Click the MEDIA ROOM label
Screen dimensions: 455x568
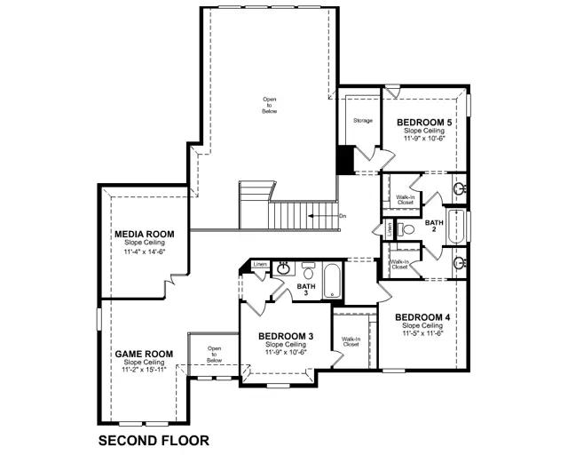pyautogui.click(x=144, y=234)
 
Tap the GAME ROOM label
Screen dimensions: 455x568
pyautogui.click(x=144, y=354)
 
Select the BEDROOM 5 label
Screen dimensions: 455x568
pyautogui.click(x=424, y=122)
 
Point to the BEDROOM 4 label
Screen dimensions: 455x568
pyautogui.click(x=422, y=317)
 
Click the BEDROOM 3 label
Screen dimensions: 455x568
pyautogui.click(x=285, y=336)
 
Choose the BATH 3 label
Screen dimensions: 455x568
pyautogui.click(x=307, y=288)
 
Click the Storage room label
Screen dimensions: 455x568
pyautogui.click(x=361, y=120)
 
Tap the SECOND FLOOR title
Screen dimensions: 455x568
pyautogui.click(x=154, y=440)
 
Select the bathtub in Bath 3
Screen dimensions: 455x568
pyautogui.click(x=332, y=281)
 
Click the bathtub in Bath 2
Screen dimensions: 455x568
pyautogui.click(x=455, y=227)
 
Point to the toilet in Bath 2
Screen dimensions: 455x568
pyautogui.click(x=406, y=229)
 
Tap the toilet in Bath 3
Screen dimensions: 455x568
pyautogui.click(x=308, y=268)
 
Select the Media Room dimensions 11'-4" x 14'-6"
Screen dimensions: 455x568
pyautogui.click(x=144, y=251)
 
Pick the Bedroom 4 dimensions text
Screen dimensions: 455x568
pyautogui.click(x=422, y=333)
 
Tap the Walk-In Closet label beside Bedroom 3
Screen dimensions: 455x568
pyautogui.click(x=350, y=341)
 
